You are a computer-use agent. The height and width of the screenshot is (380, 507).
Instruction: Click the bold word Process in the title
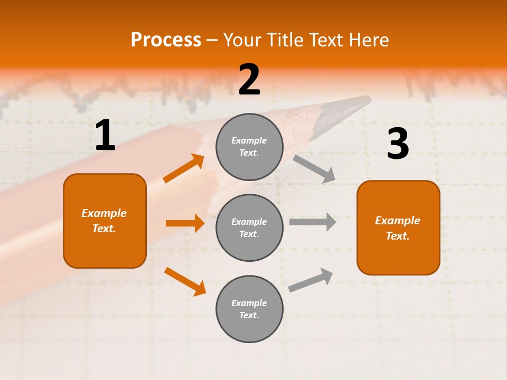166,40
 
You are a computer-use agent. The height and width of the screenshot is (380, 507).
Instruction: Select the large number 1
105,136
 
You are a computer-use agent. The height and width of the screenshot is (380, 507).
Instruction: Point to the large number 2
249,80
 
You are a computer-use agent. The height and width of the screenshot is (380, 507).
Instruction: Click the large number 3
398,144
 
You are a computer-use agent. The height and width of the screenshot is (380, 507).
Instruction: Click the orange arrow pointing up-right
184,168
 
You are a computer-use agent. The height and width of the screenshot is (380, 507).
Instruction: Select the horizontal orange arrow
185,223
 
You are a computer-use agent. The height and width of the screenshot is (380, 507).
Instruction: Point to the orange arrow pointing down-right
185,281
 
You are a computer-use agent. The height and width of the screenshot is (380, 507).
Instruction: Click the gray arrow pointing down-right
314,168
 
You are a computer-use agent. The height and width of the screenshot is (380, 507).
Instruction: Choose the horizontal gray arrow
312,222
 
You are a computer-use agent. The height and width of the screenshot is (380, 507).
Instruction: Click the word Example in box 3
398,221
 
